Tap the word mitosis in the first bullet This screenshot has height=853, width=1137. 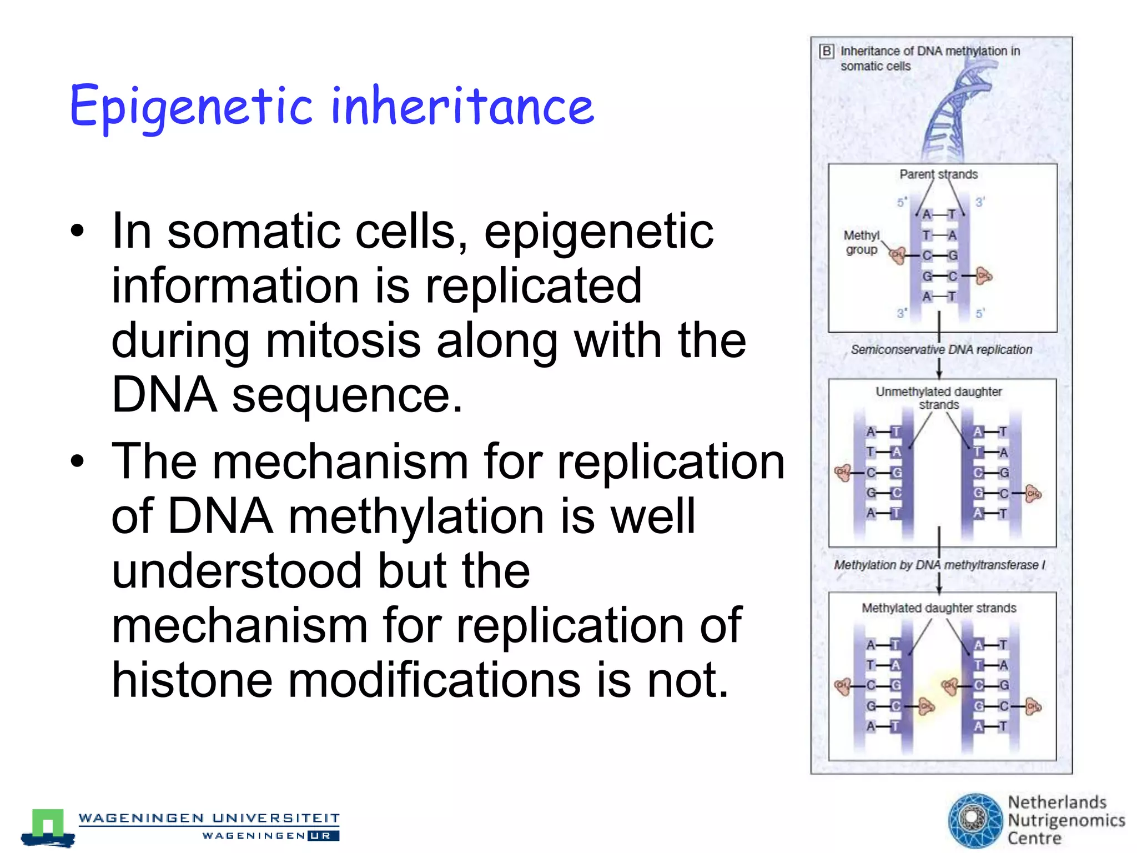[x=343, y=340]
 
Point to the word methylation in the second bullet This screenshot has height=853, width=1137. [x=416, y=516]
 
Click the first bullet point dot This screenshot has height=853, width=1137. [x=78, y=232]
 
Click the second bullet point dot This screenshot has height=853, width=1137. [x=78, y=461]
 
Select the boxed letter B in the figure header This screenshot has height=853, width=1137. [x=827, y=52]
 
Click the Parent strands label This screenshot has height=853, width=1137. [x=938, y=174]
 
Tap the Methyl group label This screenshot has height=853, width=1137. [x=861, y=243]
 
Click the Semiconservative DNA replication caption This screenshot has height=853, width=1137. [x=941, y=350]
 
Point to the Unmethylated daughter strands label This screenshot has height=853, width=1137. [x=938, y=398]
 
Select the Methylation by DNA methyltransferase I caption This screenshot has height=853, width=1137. [x=939, y=565]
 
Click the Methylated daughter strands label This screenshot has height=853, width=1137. [x=938, y=608]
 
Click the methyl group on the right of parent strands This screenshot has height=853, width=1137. [x=984, y=275]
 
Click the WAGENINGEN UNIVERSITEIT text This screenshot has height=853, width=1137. [x=209, y=818]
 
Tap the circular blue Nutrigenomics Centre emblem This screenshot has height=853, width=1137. [x=974, y=820]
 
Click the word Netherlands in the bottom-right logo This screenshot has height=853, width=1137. [x=1056, y=802]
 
